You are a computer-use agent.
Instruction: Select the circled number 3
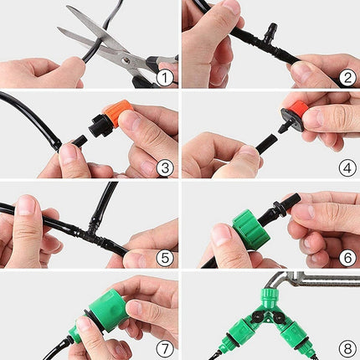[165, 168]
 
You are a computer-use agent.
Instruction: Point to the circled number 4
[347, 168]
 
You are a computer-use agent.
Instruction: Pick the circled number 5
[165, 258]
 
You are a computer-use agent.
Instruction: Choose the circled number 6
[347, 258]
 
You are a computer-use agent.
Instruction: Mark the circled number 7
[165, 348]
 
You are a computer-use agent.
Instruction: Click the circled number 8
[347, 348]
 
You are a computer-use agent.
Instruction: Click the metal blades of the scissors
[92, 38]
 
